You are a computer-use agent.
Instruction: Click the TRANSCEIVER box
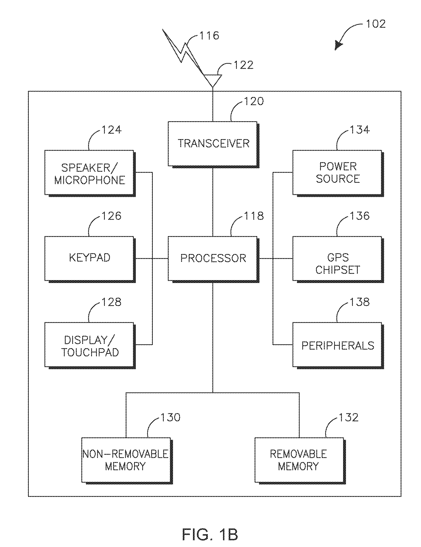coord(214,144)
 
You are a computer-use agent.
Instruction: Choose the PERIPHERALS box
coord(338,346)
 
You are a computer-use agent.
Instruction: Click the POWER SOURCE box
coord(338,173)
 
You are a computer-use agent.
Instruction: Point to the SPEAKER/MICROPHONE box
coord(90,173)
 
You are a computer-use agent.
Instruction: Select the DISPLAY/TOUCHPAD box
coord(90,346)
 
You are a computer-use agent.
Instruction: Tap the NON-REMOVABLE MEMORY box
coord(127,461)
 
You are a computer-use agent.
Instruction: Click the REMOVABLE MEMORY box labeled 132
coord(300,461)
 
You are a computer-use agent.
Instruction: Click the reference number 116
coord(209,35)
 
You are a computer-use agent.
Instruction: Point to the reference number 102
coord(376,24)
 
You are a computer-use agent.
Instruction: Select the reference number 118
coord(254,216)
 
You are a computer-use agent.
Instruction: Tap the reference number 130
coord(170,417)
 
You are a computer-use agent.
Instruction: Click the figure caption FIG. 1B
coord(210,535)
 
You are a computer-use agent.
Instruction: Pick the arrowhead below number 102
coord(338,46)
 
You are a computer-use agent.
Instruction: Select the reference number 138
coord(360,302)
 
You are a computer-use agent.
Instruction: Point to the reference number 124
coord(112,130)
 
